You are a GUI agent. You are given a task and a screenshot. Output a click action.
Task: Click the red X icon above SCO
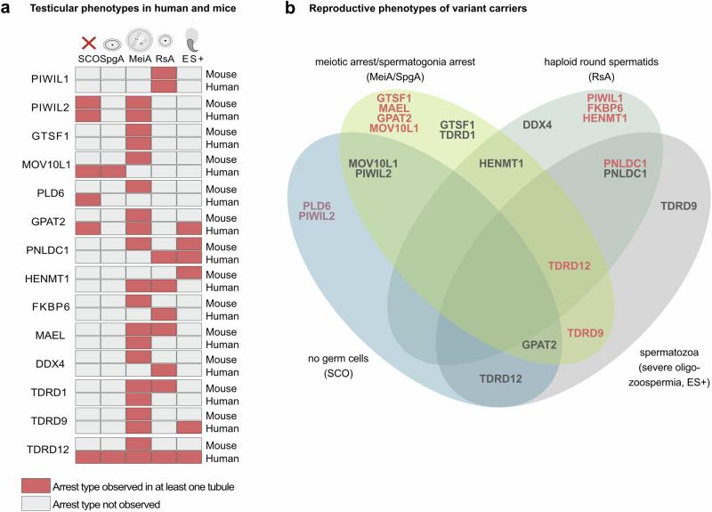[x=88, y=43]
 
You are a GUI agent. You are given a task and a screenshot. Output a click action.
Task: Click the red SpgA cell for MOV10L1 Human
[x=113, y=169]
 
